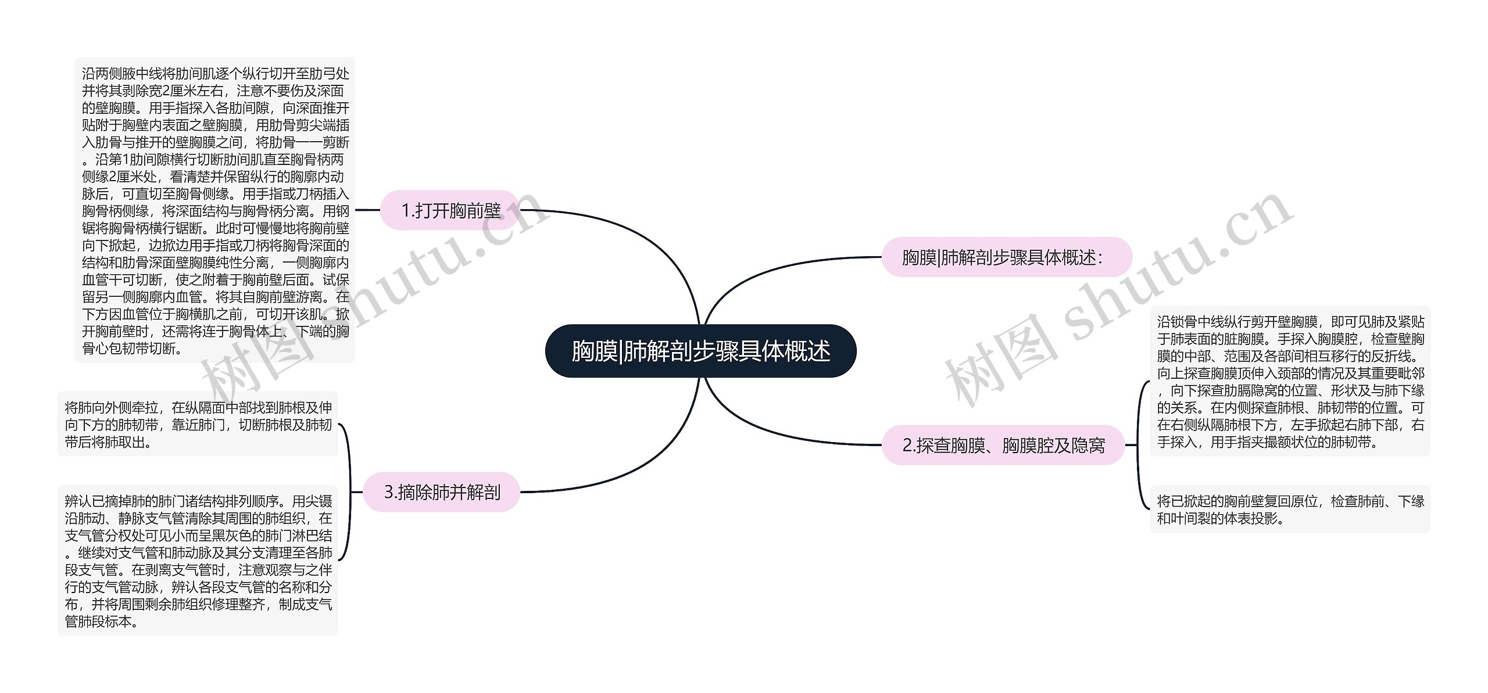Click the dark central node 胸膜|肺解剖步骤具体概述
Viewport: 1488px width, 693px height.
700,351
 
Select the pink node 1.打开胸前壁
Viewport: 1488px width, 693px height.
450,210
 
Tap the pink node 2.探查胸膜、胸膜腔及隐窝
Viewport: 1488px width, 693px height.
1003,445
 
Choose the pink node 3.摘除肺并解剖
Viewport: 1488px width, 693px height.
442,492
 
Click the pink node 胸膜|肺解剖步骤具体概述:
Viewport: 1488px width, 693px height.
1006,257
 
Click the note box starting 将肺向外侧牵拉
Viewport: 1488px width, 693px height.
198,425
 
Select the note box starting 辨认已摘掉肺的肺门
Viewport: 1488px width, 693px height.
198,561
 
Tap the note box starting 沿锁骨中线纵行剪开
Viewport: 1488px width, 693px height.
1290,381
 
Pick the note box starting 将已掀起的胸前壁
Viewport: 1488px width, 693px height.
1290,509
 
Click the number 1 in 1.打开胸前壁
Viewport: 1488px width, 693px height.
406,211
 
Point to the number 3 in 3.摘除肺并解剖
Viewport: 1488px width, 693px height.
389,493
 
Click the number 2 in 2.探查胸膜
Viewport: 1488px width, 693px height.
907,446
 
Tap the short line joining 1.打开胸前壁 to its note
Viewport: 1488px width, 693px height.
367,210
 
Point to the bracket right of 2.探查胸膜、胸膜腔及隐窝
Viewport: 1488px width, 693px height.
1138,445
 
